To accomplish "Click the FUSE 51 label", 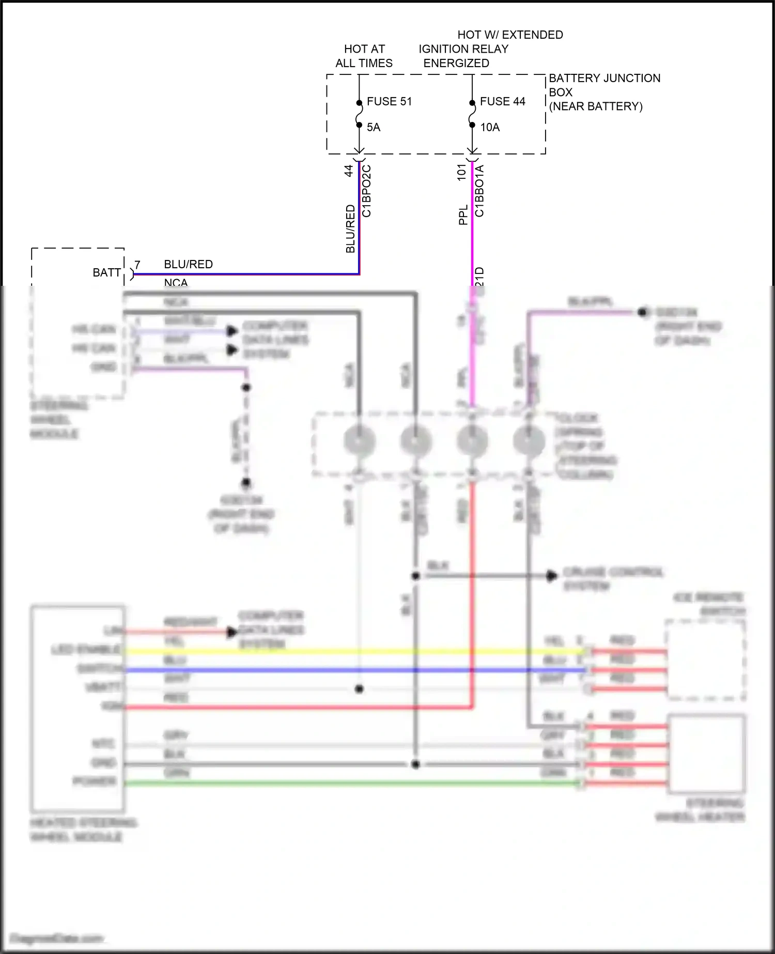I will tap(389, 101).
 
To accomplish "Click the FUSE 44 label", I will tap(502, 101).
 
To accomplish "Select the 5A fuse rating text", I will tap(373, 127).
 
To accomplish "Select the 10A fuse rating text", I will tap(489, 127).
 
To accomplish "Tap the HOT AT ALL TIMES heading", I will tap(364, 56).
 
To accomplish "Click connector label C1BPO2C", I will tap(366, 191).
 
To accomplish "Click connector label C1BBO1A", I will tap(479, 191).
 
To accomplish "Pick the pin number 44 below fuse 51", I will tap(349, 171).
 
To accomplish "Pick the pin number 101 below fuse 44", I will tap(462, 172).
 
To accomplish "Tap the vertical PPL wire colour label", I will tap(463, 214).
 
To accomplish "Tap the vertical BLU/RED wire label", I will tap(350, 229).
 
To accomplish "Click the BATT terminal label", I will tap(106, 272).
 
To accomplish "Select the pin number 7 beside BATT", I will tap(137, 265).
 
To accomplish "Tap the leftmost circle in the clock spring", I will tap(359, 441).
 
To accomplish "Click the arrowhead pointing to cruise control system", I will tap(552, 575).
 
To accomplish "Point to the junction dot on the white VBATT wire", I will tap(360, 689).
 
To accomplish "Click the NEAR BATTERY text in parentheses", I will tap(595, 106).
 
